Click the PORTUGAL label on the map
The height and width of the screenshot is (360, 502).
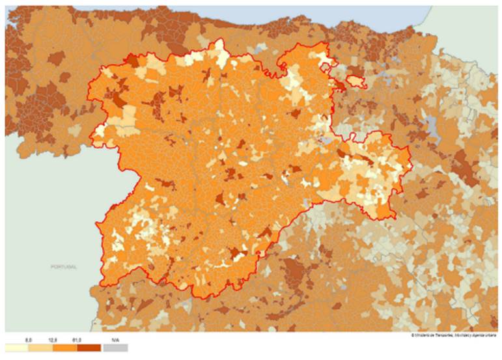(x=64, y=267)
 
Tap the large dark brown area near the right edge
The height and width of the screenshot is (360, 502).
(x=464, y=166)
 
